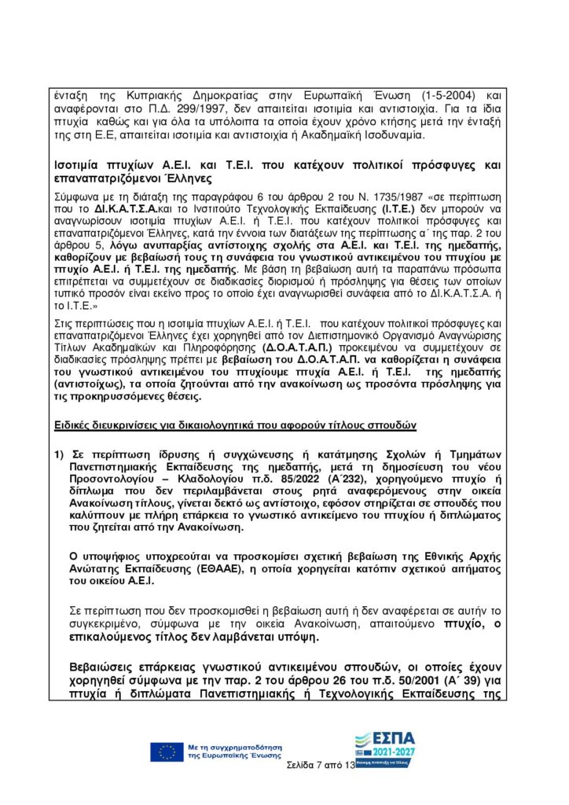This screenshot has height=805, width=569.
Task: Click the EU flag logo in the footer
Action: point(166,752)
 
